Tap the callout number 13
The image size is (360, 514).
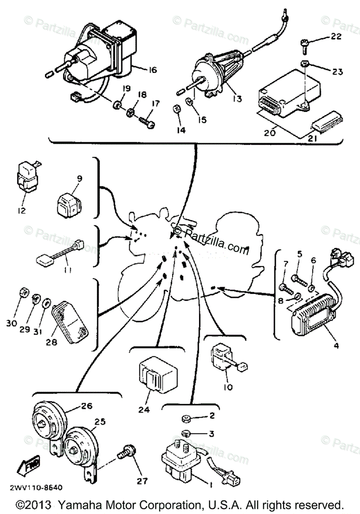[x=237, y=99]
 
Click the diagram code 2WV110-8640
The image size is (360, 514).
[x=36, y=487]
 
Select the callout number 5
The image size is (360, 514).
[x=300, y=254]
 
